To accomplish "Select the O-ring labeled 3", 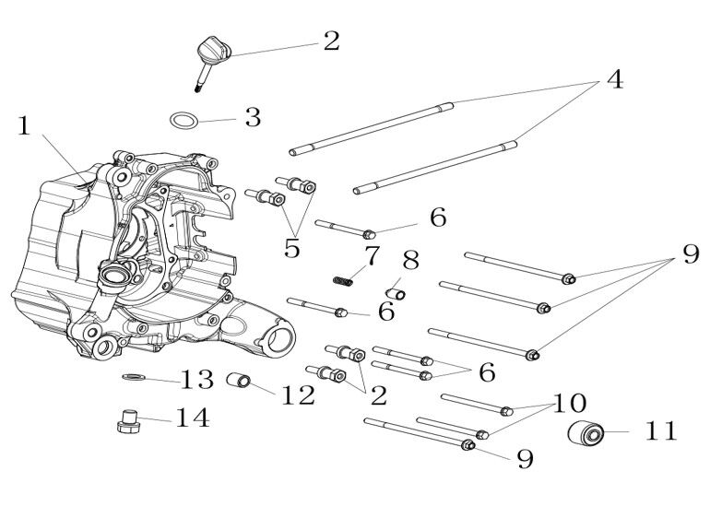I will [184, 120].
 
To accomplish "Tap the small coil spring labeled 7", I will [343, 277].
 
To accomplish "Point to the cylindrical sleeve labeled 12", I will [240, 381].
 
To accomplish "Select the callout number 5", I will [292, 248].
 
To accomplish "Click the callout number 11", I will [661, 430].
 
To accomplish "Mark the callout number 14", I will [192, 418].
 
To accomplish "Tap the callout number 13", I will [197, 379].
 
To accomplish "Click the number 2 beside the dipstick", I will [331, 41].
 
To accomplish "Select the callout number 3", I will [253, 118].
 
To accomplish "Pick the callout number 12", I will [298, 395].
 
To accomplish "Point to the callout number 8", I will [410, 258].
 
